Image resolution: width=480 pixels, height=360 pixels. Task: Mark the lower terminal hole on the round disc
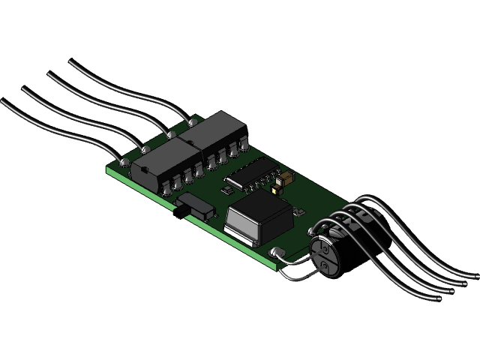point(325,266)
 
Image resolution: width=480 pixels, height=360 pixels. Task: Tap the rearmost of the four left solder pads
point(192,122)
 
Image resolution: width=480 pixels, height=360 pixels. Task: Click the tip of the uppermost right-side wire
point(475,274)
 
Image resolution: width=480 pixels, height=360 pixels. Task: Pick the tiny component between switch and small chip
point(227,191)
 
